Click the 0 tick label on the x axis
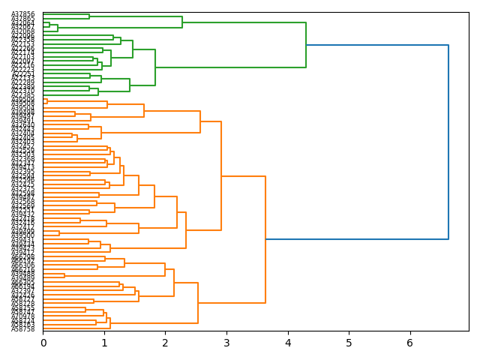tap(43, 343)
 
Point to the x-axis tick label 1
tap(104, 343)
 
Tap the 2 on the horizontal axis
tap(165, 343)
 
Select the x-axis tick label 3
tap(226, 343)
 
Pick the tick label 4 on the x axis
tap(287, 343)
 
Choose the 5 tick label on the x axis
tap(349, 343)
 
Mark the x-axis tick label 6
tap(409, 343)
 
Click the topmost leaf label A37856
tap(22, 15)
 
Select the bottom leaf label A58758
tap(22, 329)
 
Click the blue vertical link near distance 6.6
tap(448, 142)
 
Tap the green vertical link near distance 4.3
tap(306, 45)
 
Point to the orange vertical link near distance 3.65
tap(265, 240)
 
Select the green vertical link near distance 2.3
tap(182, 22)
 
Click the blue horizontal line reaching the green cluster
tap(375, 45)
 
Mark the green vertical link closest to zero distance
tap(49, 25)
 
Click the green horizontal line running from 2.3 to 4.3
tap(244, 22)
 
